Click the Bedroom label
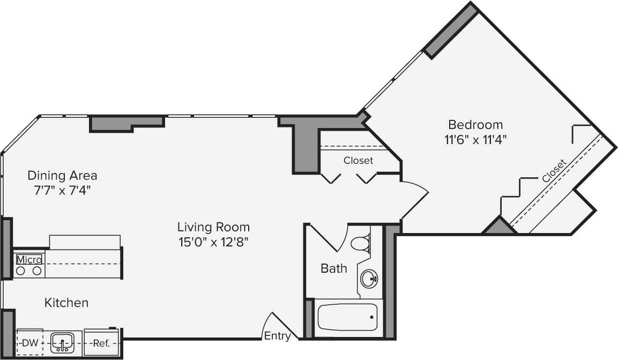click(x=475, y=125)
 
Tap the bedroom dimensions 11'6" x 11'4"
click(x=475, y=140)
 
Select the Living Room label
click(x=213, y=227)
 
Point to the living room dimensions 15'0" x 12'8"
click(x=213, y=242)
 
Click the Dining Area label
click(x=62, y=176)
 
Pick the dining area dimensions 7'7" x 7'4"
click(x=62, y=191)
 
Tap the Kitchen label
click(x=66, y=303)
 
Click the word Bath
click(x=334, y=268)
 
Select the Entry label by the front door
click(x=277, y=336)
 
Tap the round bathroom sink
click(x=369, y=279)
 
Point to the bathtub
click(x=347, y=317)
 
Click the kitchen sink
click(x=62, y=342)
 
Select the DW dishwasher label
click(x=29, y=343)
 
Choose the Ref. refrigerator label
click(x=101, y=343)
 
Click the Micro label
click(x=29, y=260)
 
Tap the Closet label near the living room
click(x=358, y=161)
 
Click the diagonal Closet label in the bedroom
click(x=554, y=171)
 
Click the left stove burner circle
click(x=20, y=271)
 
